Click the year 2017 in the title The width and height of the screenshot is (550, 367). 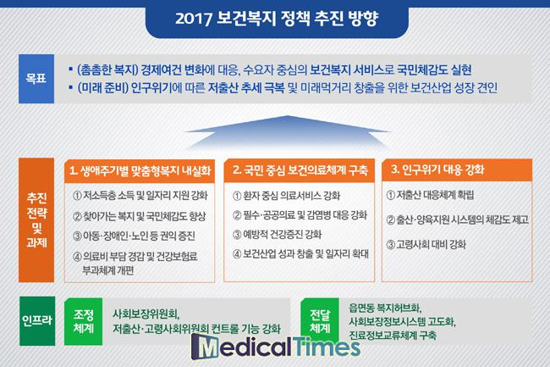click(x=193, y=19)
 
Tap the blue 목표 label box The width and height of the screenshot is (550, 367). click(x=36, y=79)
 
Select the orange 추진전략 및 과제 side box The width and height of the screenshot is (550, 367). click(x=36, y=220)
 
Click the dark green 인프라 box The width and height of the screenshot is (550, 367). click(x=37, y=320)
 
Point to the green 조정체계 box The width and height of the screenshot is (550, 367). click(x=84, y=321)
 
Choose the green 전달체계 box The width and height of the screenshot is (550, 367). click(x=320, y=321)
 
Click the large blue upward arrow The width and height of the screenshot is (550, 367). click(x=287, y=133)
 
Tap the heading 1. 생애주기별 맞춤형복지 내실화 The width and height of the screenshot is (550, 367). click(x=140, y=170)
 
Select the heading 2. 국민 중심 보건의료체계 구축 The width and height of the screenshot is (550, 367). click(x=300, y=170)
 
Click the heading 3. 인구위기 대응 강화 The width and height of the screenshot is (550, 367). click(x=437, y=170)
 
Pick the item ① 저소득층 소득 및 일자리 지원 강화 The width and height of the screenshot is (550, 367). click(x=140, y=195)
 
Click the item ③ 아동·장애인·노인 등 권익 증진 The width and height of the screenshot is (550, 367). click(x=134, y=236)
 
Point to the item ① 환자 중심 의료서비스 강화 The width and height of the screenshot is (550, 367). click(x=286, y=196)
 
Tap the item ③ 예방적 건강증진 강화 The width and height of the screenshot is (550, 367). click(x=277, y=234)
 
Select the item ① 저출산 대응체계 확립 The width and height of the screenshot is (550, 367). click(x=430, y=195)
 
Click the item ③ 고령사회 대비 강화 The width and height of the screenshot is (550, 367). click(x=426, y=244)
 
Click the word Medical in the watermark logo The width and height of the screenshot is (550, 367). click(x=242, y=347)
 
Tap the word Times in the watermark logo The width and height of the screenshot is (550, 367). click(x=327, y=346)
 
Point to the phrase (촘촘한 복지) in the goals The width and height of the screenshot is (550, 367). click(x=107, y=70)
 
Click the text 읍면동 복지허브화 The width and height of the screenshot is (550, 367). click(x=385, y=308)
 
